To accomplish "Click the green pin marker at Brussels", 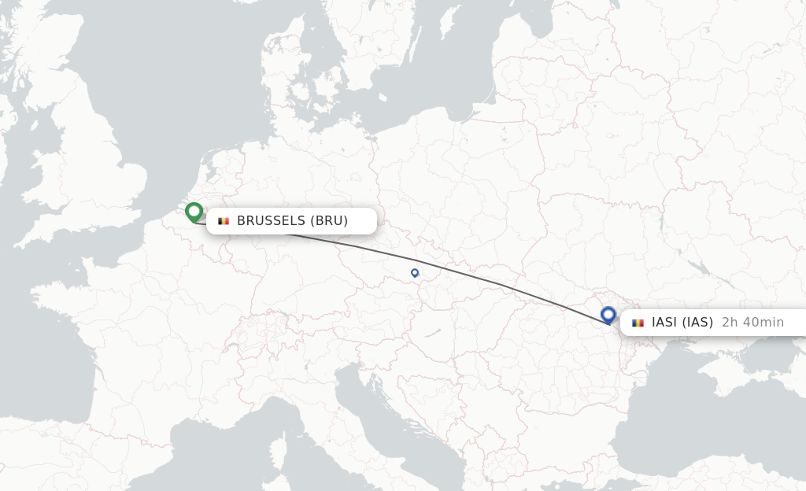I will (x=194, y=212).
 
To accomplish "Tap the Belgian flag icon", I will (x=224, y=221).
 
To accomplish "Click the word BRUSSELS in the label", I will (x=271, y=221).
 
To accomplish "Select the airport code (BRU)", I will (x=328, y=221).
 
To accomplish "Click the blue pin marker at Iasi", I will (x=608, y=315).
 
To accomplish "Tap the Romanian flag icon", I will (x=638, y=323).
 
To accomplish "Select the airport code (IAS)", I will (x=697, y=323).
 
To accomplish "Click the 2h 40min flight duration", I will (x=752, y=323).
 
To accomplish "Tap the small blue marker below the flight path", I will (x=415, y=273).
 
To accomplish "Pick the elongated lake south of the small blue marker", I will (x=432, y=334).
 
